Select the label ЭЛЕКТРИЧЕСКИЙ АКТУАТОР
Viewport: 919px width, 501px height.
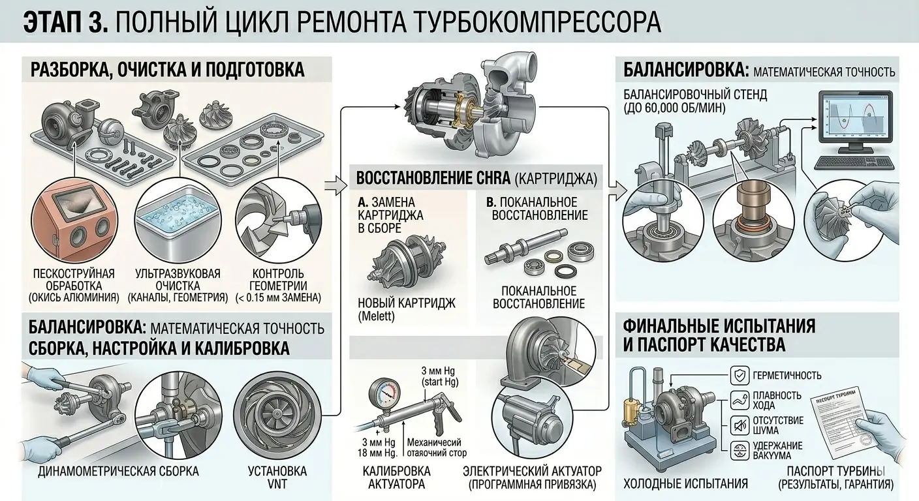[x=532, y=471]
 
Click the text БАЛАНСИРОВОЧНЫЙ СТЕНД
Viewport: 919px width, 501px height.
[x=695, y=95]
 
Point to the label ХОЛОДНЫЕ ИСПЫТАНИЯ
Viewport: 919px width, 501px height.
[x=685, y=483]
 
